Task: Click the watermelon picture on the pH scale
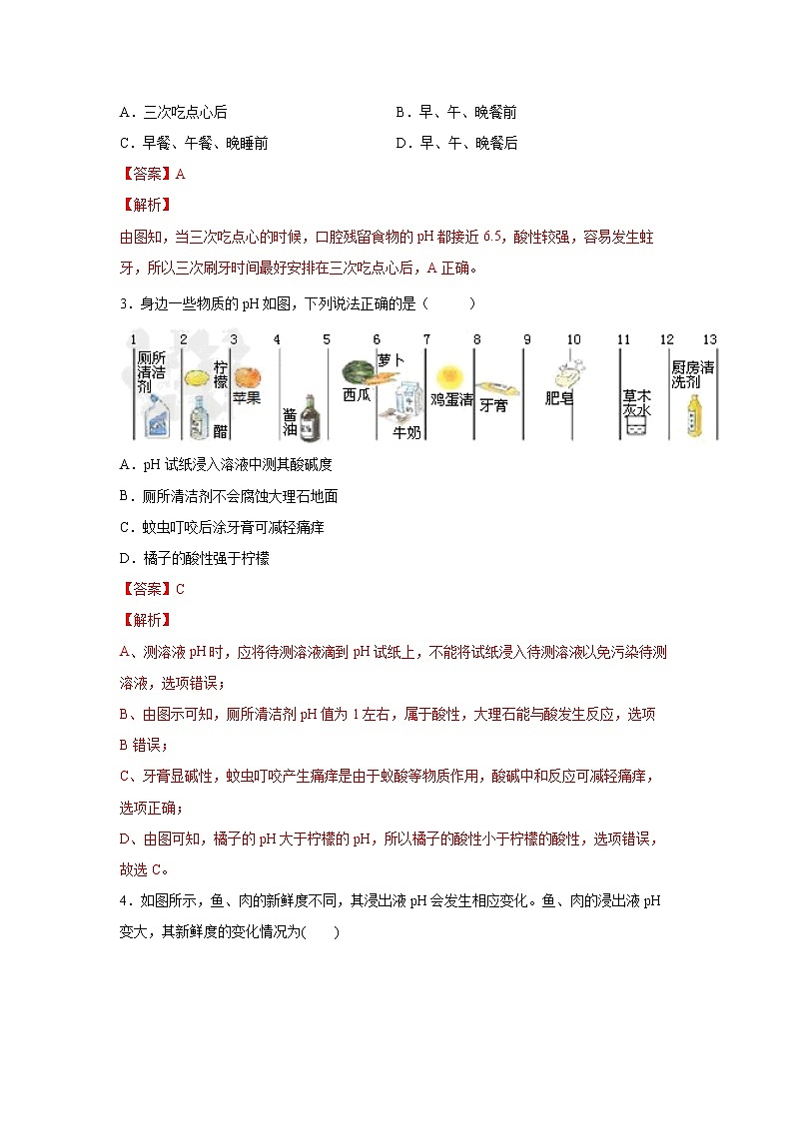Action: point(358,372)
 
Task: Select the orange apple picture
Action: point(247,377)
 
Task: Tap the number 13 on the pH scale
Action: point(709,340)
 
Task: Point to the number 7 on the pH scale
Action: point(426,340)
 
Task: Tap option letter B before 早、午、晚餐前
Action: point(400,113)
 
